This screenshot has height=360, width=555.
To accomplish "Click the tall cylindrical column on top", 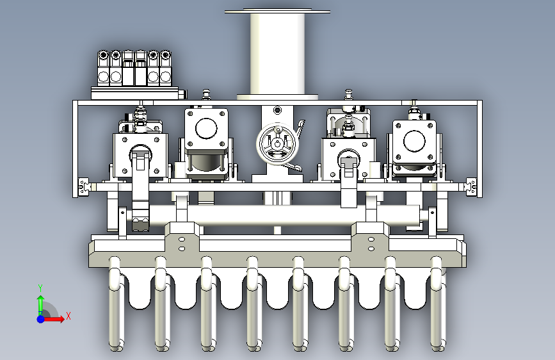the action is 278,54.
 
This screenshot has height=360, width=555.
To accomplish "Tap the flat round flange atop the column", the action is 278,12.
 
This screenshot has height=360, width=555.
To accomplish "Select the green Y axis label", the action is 40,288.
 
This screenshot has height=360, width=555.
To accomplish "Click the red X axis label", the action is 68,316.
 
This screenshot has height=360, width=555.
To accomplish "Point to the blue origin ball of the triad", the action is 41,319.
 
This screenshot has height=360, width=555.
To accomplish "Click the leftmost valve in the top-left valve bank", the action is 103,68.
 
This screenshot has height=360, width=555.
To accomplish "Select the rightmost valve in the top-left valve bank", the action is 165,68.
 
